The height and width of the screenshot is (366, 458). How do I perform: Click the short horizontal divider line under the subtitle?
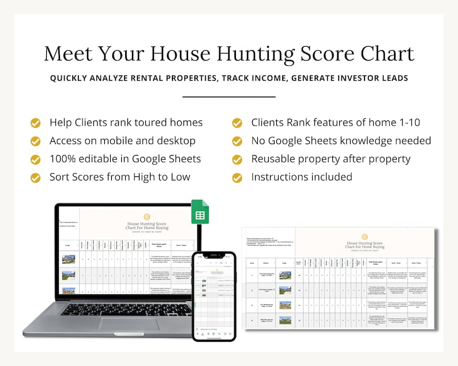click(x=229, y=97)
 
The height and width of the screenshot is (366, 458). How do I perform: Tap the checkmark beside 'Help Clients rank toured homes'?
click(x=36, y=122)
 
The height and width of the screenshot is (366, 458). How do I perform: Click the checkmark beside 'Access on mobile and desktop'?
click(x=36, y=141)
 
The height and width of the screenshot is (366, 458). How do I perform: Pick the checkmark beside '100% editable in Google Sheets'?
click(x=36, y=159)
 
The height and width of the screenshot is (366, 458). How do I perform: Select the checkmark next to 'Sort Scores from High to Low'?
click(x=36, y=177)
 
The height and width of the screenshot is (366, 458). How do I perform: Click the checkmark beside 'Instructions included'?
click(x=237, y=177)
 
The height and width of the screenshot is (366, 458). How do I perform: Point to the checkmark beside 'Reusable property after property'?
click(x=237, y=159)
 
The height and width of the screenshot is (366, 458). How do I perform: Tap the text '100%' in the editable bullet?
click(x=64, y=159)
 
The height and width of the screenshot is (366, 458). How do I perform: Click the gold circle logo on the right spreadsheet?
click(x=365, y=236)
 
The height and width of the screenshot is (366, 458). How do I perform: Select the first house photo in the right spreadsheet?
click(x=286, y=276)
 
